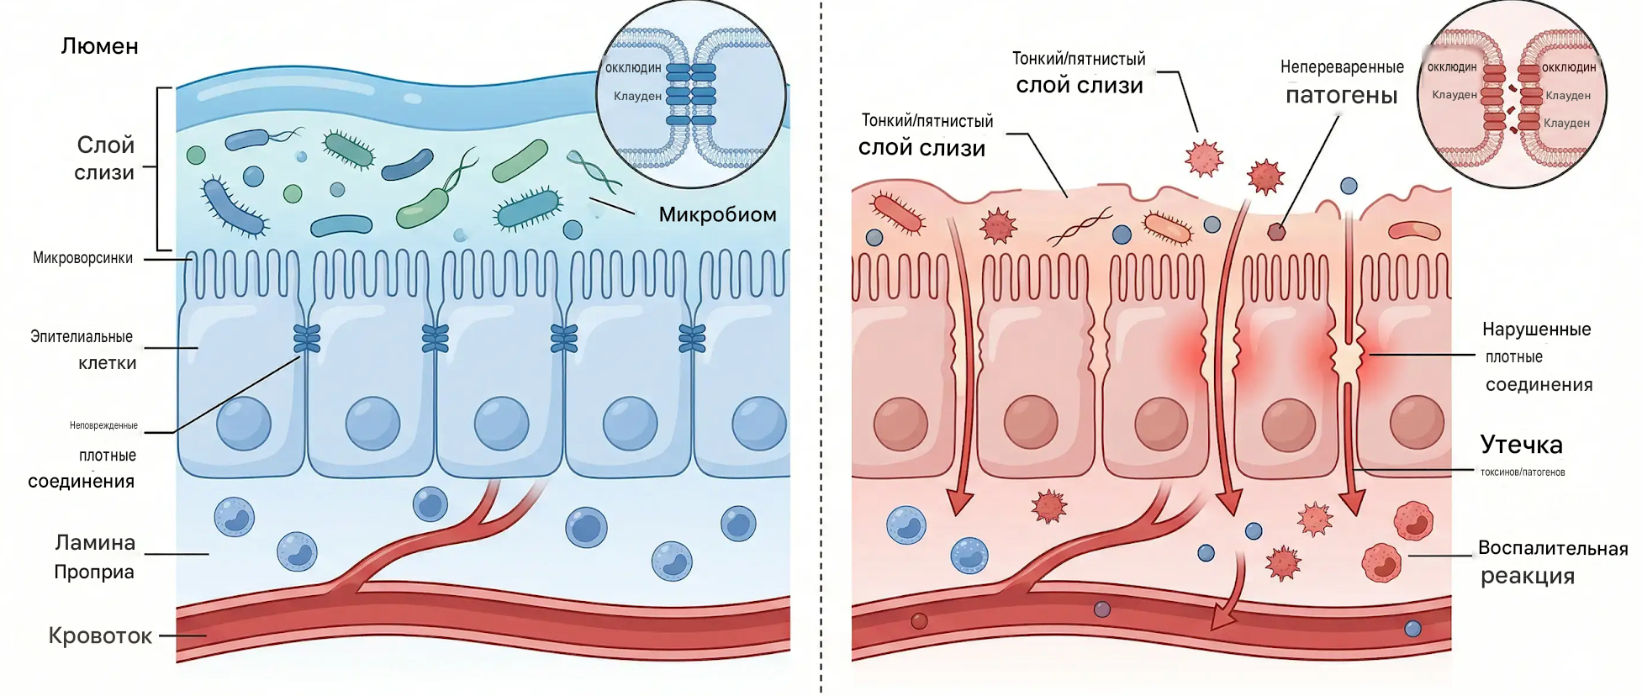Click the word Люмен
point(99,46)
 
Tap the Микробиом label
point(717,214)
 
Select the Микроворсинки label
point(82,258)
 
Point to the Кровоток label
point(100,635)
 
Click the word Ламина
point(95,543)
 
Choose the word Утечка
point(1521,445)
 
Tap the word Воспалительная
point(1553,548)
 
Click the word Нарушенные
point(1537,330)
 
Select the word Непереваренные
point(1342,67)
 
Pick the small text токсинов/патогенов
point(1523,472)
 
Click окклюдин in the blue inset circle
point(633,68)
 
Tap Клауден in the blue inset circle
point(637,96)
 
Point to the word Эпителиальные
point(82,337)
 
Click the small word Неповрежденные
point(103,425)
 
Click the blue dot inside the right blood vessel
point(1412,628)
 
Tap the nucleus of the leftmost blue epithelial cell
point(244,424)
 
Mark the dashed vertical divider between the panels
point(821,348)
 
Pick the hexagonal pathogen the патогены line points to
point(1276,231)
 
